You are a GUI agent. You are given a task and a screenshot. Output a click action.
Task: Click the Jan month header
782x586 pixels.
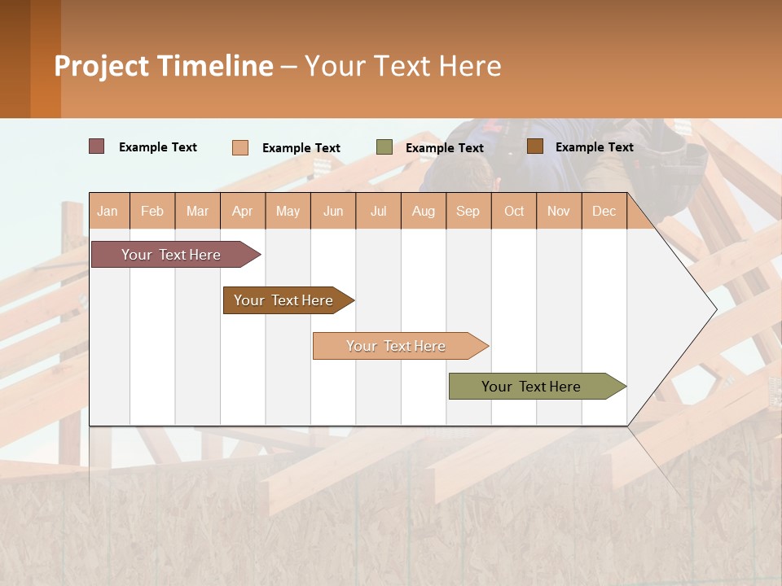[108, 211]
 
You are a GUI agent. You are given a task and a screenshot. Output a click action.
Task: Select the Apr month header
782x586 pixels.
[243, 211]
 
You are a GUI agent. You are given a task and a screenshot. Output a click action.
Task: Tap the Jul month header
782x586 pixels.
[378, 211]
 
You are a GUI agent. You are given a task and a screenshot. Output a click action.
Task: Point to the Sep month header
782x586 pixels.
[468, 211]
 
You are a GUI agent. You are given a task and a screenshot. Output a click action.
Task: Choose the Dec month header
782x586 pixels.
[604, 211]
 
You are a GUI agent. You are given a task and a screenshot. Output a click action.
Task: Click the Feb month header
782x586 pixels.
[152, 211]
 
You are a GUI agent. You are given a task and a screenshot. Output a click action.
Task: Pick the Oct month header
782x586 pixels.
[514, 211]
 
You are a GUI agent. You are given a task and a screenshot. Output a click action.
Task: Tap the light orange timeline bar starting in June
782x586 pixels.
[397, 346]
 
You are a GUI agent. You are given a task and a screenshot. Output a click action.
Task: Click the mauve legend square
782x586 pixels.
[97, 146]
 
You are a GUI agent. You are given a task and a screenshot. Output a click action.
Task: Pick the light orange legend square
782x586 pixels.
[240, 147]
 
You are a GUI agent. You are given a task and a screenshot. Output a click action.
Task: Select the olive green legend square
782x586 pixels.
[384, 147]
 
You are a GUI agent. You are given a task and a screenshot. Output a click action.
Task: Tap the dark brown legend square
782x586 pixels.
[534, 146]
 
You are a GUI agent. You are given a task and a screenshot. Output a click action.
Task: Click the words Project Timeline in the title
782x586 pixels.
[164, 66]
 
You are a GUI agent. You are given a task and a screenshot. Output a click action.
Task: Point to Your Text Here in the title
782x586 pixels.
[402, 66]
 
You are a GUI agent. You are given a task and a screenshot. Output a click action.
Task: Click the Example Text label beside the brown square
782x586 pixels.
[594, 147]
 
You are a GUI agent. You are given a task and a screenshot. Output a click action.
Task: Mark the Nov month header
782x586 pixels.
[559, 211]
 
